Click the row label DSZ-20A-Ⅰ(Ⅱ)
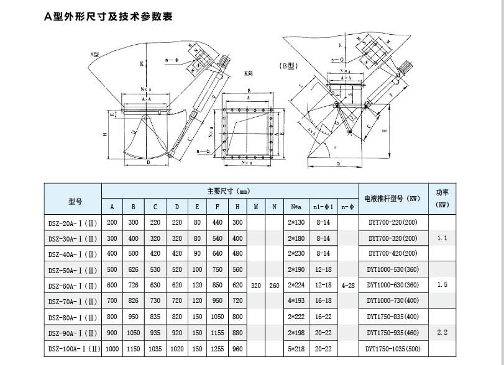click(x=72, y=222)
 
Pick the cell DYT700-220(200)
click(x=393, y=222)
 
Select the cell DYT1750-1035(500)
click(x=392, y=348)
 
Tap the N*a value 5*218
click(x=295, y=348)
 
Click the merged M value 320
click(x=255, y=285)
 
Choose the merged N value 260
click(x=273, y=285)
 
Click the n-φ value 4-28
click(x=349, y=285)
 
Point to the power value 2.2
click(x=442, y=333)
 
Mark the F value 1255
click(x=218, y=348)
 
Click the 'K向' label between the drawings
click(x=249, y=73)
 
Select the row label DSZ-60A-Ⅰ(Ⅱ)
click(x=72, y=286)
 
